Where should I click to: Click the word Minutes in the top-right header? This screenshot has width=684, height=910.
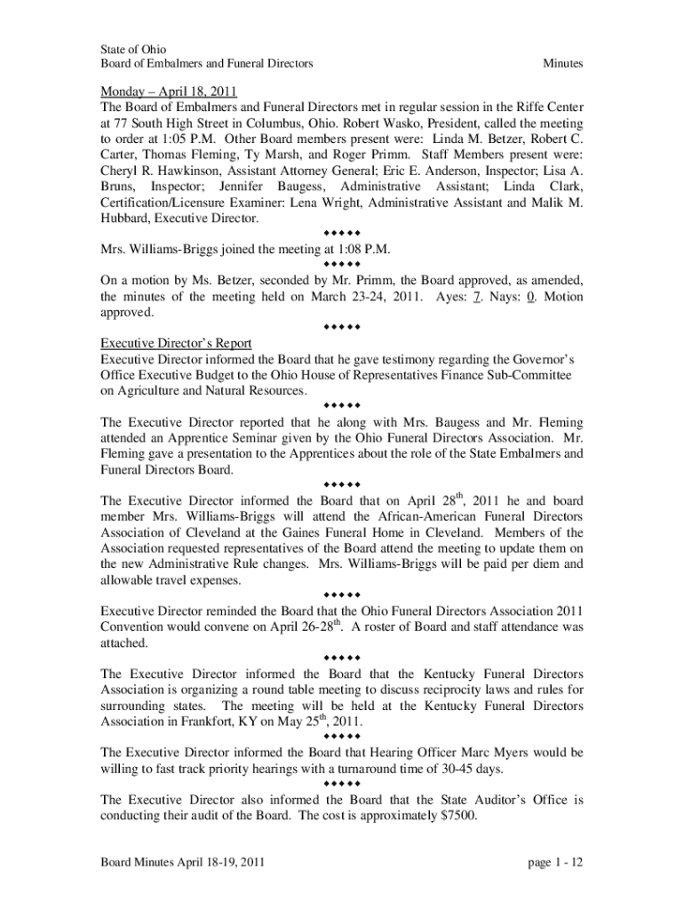[562, 64]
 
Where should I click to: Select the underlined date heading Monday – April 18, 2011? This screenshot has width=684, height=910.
[169, 91]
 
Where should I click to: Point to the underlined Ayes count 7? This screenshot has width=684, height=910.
[477, 297]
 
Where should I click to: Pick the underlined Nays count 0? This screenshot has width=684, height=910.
[529, 297]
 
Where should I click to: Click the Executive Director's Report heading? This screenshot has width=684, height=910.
[176, 344]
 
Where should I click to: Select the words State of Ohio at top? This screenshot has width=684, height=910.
[133, 49]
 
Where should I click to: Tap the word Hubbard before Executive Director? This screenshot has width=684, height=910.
[125, 218]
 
